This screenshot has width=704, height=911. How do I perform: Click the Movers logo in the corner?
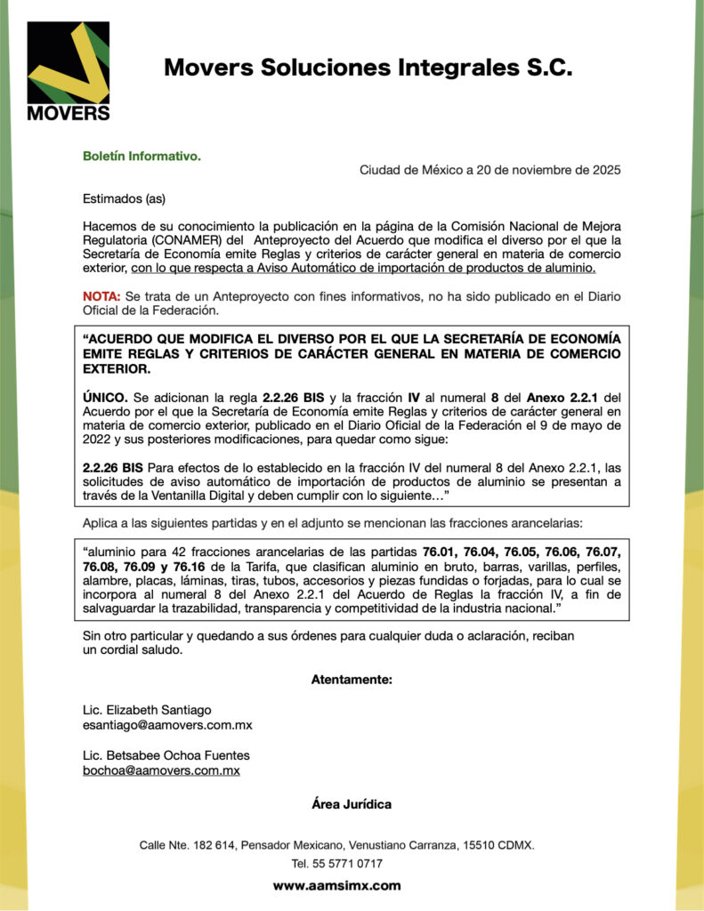69,71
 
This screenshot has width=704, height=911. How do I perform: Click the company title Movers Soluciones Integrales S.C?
368,68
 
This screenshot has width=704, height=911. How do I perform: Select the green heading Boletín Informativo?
142,156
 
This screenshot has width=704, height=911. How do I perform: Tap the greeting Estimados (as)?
124,198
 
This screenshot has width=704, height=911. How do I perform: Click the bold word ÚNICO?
106,397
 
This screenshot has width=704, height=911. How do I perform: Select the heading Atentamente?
352,680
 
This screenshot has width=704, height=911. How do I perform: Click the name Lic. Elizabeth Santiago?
147,710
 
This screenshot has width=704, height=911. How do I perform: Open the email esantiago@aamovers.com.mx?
167,725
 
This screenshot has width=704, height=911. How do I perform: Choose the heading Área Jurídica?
352,804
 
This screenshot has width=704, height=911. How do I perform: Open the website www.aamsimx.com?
336,886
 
